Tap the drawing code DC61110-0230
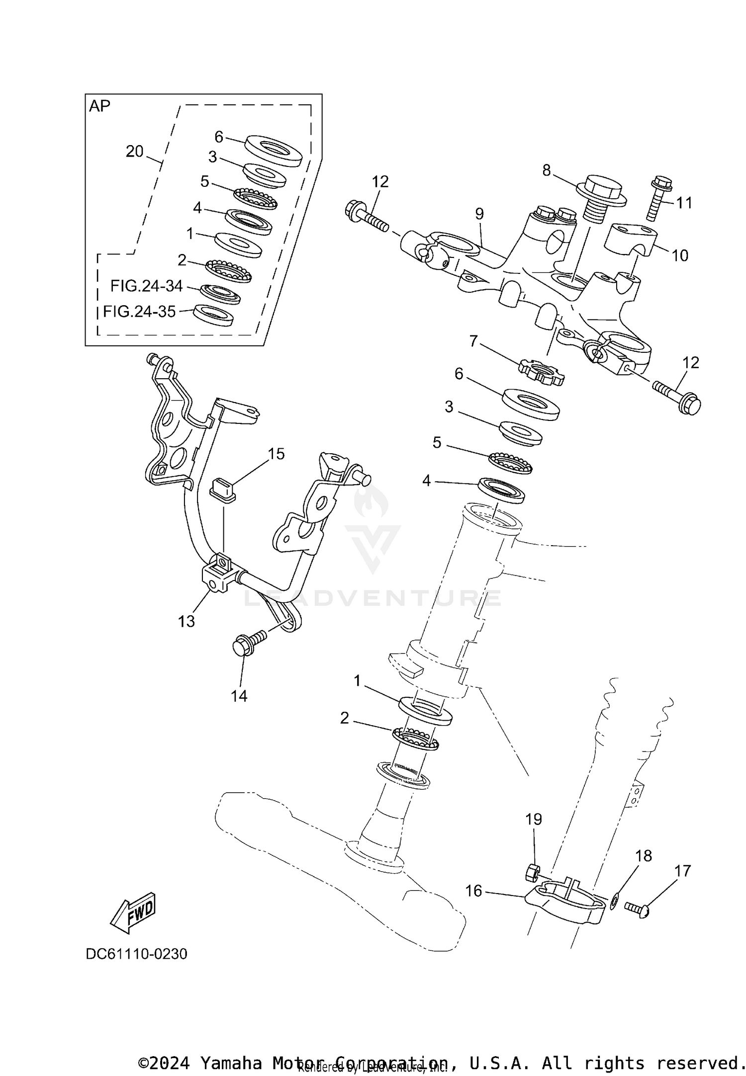tap(136, 954)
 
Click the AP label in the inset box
tap(99, 106)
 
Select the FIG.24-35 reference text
tap(139, 312)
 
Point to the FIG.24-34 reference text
tap(147, 286)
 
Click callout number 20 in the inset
tap(134, 152)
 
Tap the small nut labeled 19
tap(533, 871)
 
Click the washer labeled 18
tap(615, 899)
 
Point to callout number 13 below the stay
tap(186, 621)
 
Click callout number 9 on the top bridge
tap(479, 214)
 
